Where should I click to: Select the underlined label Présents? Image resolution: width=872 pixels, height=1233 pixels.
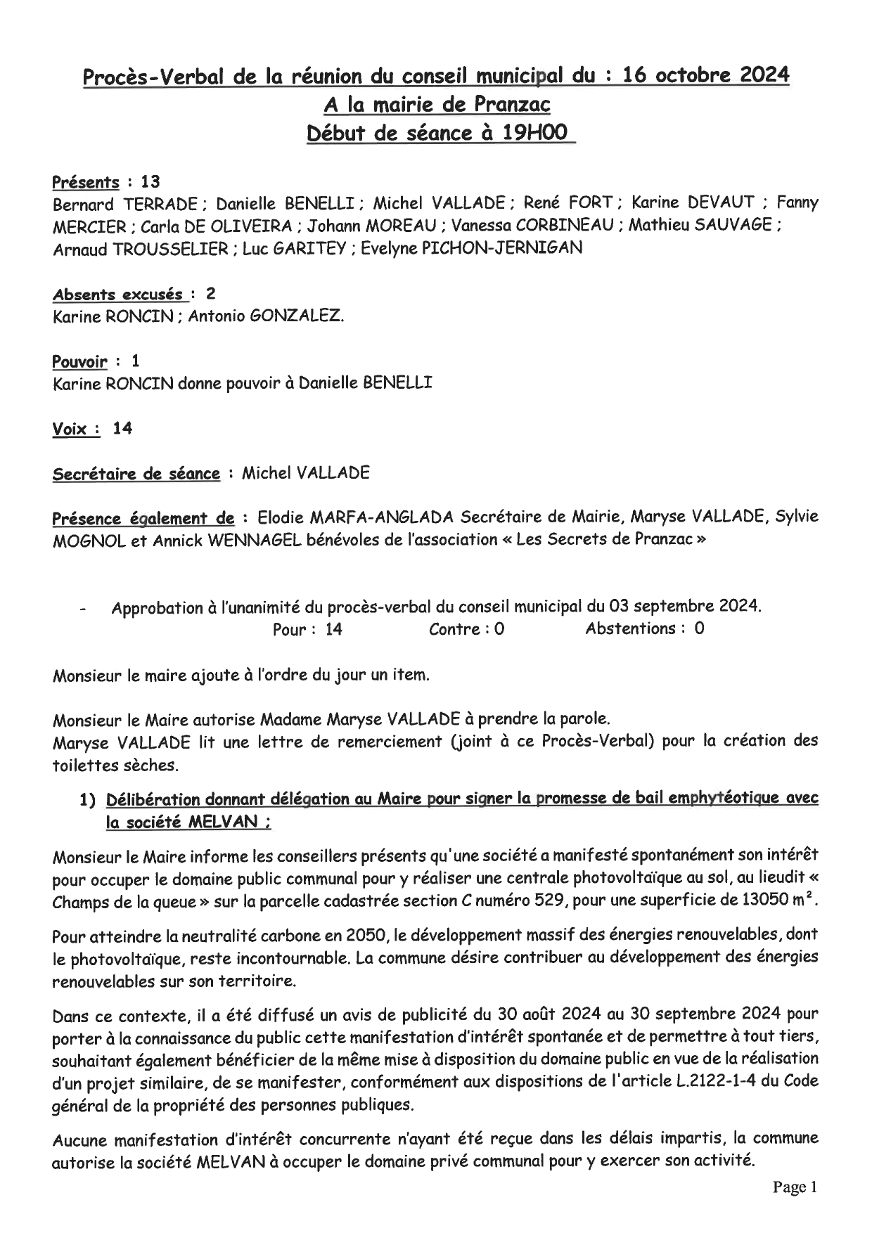pyautogui.click(x=86, y=183)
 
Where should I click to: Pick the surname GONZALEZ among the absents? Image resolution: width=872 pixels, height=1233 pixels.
pyautogui.click(x=295, y=316)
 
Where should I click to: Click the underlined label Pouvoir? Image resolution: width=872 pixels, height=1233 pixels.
pyautogui.click(x=80, y=362)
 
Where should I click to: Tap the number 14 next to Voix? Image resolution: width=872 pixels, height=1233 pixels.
pyautogui.click(x=122, y=428)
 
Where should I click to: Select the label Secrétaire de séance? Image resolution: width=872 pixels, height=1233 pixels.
pyautogui.click(x=136, y=474)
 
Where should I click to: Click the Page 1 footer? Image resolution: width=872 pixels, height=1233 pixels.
pyautogui.click(x=795, y=1188)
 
